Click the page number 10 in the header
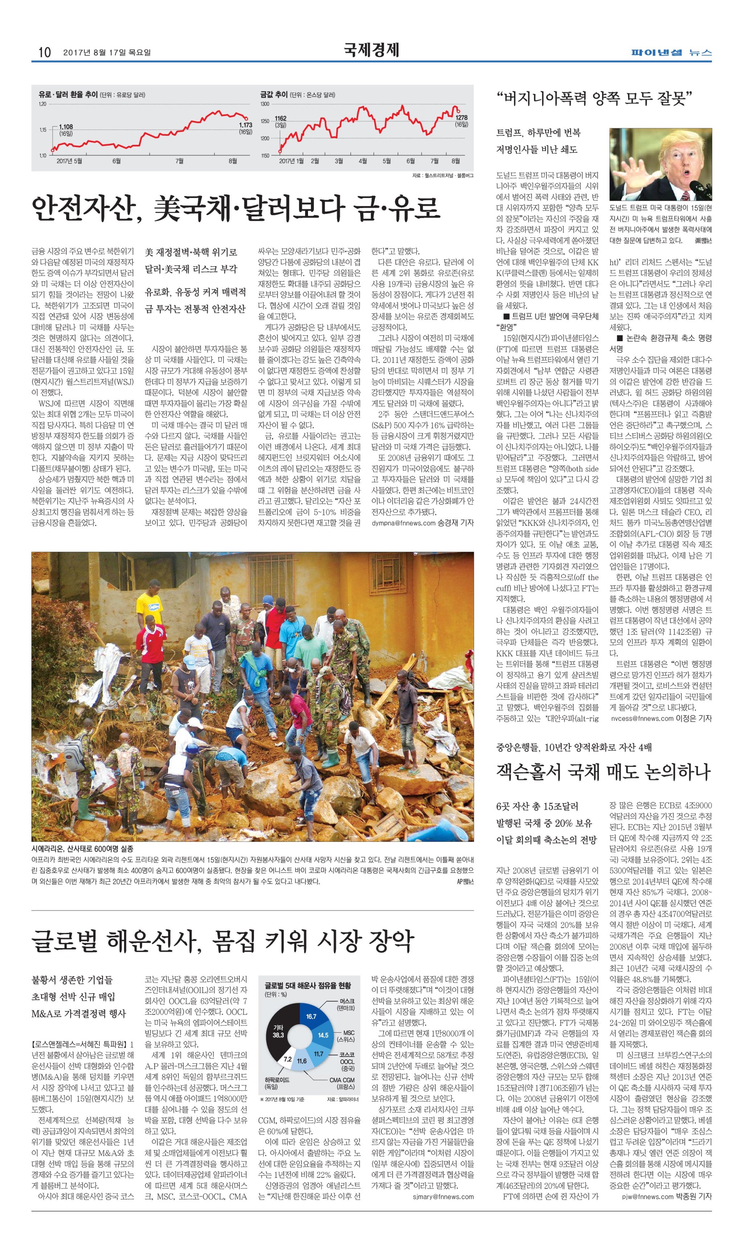click(44, 52)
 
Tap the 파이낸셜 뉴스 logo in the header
click(671, 52)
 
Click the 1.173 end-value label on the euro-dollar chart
click(245, 125)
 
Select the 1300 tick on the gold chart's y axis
click(264, 104)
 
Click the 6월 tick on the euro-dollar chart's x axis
click(116, 161)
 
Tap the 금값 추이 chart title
click(274, 94)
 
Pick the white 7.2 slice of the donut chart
click(287, 1059)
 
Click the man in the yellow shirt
click(149, 608)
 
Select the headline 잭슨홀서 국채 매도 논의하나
click(603, 771)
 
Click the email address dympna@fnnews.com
click(403, 523)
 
